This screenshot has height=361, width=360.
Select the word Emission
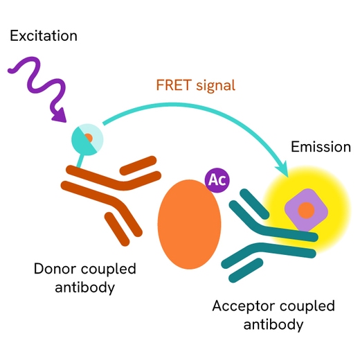click(321, 147)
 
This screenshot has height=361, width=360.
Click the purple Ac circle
click(217, 180)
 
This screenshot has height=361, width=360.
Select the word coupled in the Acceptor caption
click(305, 306)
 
